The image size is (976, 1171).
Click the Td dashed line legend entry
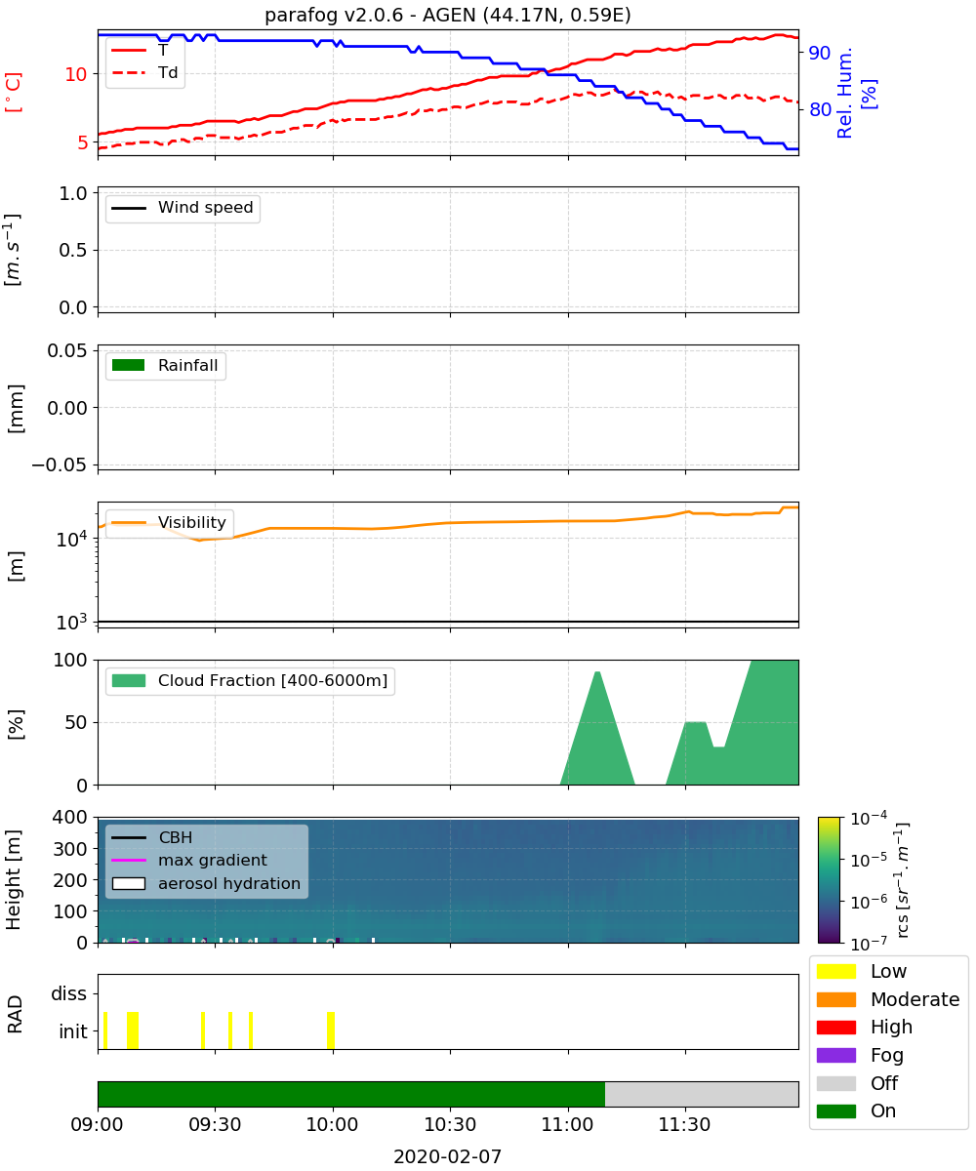144,72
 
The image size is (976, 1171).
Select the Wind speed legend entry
183,208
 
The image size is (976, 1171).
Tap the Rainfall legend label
187,365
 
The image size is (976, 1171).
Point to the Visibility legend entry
169,522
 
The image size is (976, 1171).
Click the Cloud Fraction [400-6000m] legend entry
250,680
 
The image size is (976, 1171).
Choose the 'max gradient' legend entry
189,860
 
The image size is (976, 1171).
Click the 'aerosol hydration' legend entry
206,883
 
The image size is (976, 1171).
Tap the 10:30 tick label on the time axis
450,1124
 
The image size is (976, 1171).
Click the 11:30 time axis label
684,1124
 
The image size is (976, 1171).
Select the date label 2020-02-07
447,1156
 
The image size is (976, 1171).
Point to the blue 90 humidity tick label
819,53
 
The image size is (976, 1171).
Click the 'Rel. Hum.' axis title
844,93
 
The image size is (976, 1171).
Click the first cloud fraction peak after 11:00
597,672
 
